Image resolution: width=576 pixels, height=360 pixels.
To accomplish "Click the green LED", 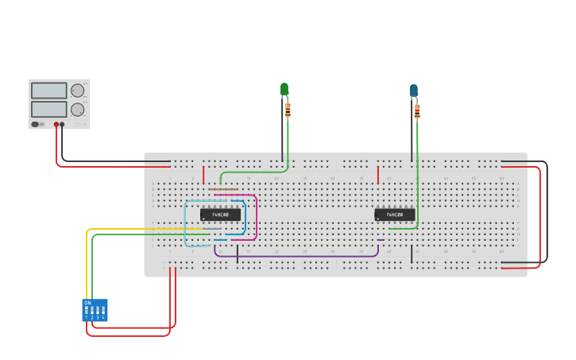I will point(284,88).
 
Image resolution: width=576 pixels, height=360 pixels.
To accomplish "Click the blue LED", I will point(413,91).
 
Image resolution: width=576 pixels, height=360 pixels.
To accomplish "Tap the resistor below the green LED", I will point(288,110).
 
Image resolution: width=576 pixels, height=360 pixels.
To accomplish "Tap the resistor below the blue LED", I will point(417,111).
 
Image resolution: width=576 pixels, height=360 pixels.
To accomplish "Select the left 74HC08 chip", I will point(220,215).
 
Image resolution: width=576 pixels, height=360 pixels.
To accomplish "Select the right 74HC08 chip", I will point(395,215).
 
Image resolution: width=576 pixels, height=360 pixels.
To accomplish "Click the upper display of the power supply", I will point(49,91).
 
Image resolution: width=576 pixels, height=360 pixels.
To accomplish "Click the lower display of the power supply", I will point(49,109).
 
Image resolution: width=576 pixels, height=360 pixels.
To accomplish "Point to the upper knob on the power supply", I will point(77,91).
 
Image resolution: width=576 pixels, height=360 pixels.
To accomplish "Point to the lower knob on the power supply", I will point(77,110).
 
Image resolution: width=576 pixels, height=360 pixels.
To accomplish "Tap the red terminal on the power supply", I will point(56,125).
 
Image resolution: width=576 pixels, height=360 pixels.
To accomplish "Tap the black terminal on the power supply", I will point(62,125).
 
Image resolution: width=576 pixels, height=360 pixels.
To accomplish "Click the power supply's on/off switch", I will point(36,124).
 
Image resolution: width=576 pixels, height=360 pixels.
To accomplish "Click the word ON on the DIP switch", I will point(87,303).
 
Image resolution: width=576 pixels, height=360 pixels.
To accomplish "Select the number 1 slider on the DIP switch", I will point(87,311).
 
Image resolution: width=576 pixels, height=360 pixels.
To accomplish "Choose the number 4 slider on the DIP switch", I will point(103,311).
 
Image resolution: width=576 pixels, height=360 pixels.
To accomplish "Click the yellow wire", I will point(87,262).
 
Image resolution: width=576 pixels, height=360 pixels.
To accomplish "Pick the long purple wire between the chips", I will point(302,256).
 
